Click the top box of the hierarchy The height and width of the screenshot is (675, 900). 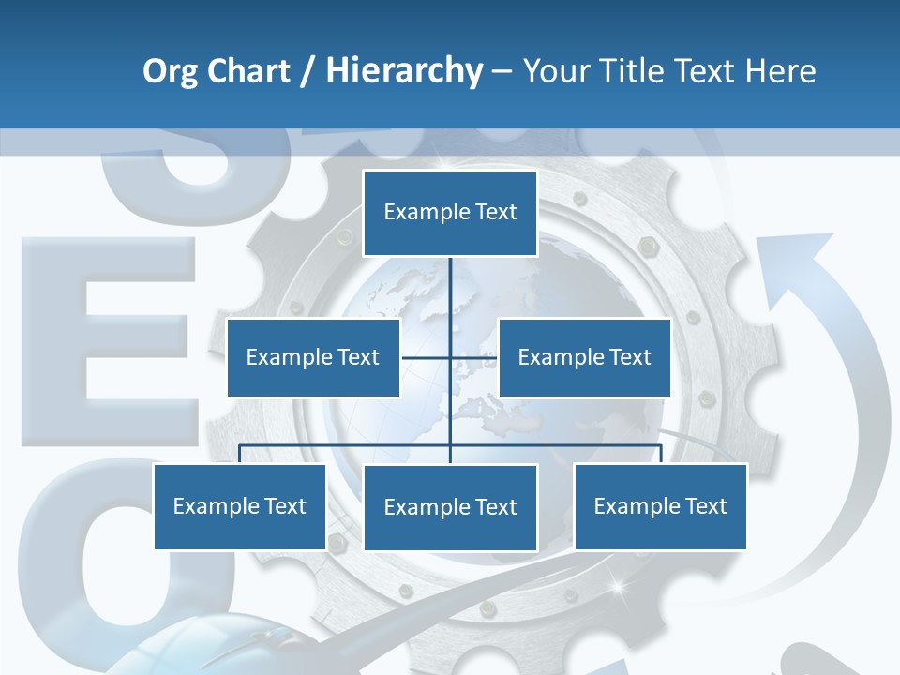click(x=450, y=213)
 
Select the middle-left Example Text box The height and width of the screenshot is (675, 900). click(x=313, y=357)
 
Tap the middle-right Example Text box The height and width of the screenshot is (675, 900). click(x=584, y=357)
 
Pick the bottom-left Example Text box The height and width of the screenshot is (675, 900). click(x=240, y=506)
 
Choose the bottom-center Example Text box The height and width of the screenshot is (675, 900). click(x=450, y=507)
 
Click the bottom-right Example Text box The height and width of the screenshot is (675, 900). click(x=660, y=506)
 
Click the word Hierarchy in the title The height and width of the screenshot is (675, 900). click(x=404, y=70)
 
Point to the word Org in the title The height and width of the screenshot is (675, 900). click(x=170, y=71)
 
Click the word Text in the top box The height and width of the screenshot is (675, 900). click(x=495, y=212)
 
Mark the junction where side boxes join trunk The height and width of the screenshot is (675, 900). click(x=450, y=357)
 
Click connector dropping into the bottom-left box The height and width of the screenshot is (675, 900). click(x=240, y=454)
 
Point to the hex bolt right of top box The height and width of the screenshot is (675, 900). click(x=646, y=246)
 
